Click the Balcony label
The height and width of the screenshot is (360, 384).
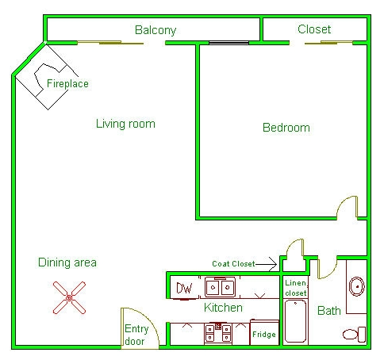[156, 30]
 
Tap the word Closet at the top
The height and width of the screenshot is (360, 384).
[314, 29]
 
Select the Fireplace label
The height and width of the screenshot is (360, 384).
[67, 83]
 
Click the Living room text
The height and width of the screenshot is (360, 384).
[125, 124]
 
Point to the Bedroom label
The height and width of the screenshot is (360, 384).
[286, 128]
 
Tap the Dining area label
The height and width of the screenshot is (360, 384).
[67, 262]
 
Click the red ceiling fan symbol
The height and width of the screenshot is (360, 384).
[69, 298]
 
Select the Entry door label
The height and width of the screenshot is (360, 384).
[136, 335]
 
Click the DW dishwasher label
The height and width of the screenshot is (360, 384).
[184, 288]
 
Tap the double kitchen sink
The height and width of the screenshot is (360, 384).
[220, 287]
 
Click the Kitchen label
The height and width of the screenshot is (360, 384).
[223, 308]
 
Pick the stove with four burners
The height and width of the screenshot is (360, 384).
[218, 333]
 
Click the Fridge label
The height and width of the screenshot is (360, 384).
[264, 335]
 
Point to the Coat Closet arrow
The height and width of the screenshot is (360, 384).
[267, 264]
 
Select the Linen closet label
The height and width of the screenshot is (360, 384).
[296, 288]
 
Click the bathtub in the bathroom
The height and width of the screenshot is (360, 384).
[295, 321]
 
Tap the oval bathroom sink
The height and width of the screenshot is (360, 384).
[357, 286]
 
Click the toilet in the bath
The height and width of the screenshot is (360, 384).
[355, 335]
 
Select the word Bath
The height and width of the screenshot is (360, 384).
[329, 311]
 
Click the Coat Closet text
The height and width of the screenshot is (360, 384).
[233, 264]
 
